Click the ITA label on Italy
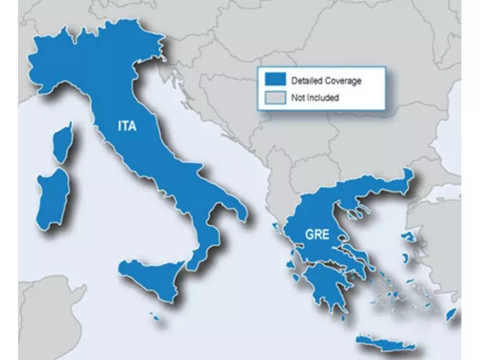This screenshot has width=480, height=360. click(x=127, y=126)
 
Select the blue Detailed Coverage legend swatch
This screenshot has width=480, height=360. click(x=274, y=80)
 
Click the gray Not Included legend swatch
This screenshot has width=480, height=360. click(x=274, y=97)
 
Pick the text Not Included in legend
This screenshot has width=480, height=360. click(x=315, y=97)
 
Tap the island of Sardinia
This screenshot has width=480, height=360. click(x=51, y=198)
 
